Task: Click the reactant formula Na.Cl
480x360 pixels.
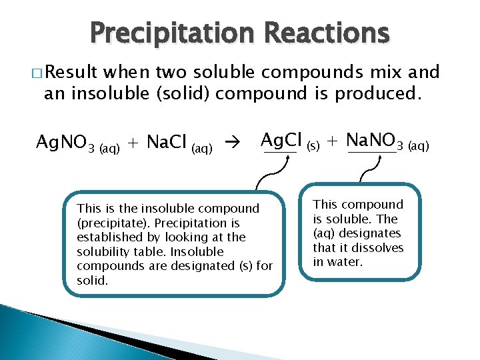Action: click(166, 142)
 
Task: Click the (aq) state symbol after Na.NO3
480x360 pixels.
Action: click(418, 145)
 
